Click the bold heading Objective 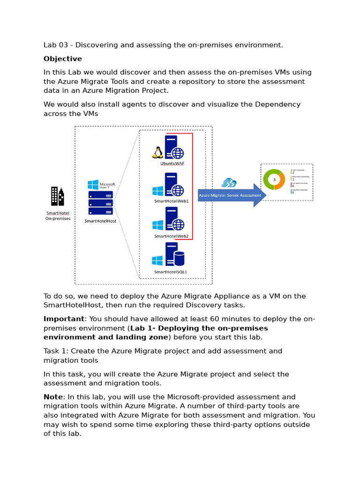tap(62, 59)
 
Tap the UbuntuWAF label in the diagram tap(171, 164)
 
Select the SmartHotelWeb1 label tap(171, 201)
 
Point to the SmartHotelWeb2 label tap(171, 236)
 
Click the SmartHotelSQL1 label tap(171, 272)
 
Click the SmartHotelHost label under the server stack tap(100, 220)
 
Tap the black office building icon tap(57, 197)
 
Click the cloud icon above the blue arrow tap(228, 183)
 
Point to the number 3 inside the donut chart tap(274, 180)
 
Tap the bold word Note tap(52, 397)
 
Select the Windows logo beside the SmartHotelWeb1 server tap(157, 191)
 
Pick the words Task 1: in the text tap(56, 351)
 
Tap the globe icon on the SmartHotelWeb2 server tap(177, 225)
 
